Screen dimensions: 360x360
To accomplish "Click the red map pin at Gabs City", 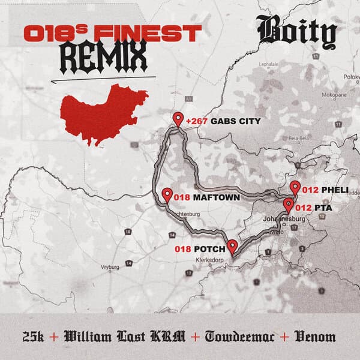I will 178,119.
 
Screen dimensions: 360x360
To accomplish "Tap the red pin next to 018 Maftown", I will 167,195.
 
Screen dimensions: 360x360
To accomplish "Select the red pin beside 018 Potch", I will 232,247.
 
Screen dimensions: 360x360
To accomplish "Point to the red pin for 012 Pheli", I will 295,187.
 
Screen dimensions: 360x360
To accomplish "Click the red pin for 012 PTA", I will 289,206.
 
